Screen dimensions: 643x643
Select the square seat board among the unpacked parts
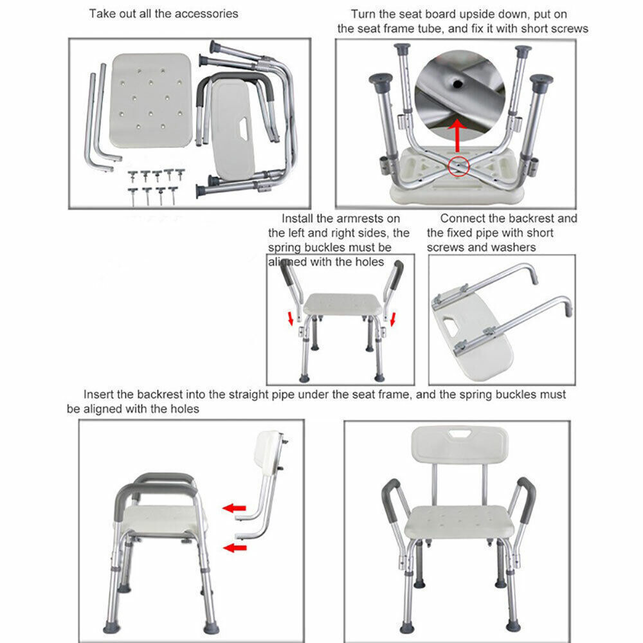[151, 100]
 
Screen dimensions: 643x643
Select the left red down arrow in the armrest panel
[290, 317]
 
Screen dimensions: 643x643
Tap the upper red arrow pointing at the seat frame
[235, 508]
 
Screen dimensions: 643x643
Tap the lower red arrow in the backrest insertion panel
[235, 548]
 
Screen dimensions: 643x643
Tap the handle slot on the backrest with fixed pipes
[449, 327]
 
